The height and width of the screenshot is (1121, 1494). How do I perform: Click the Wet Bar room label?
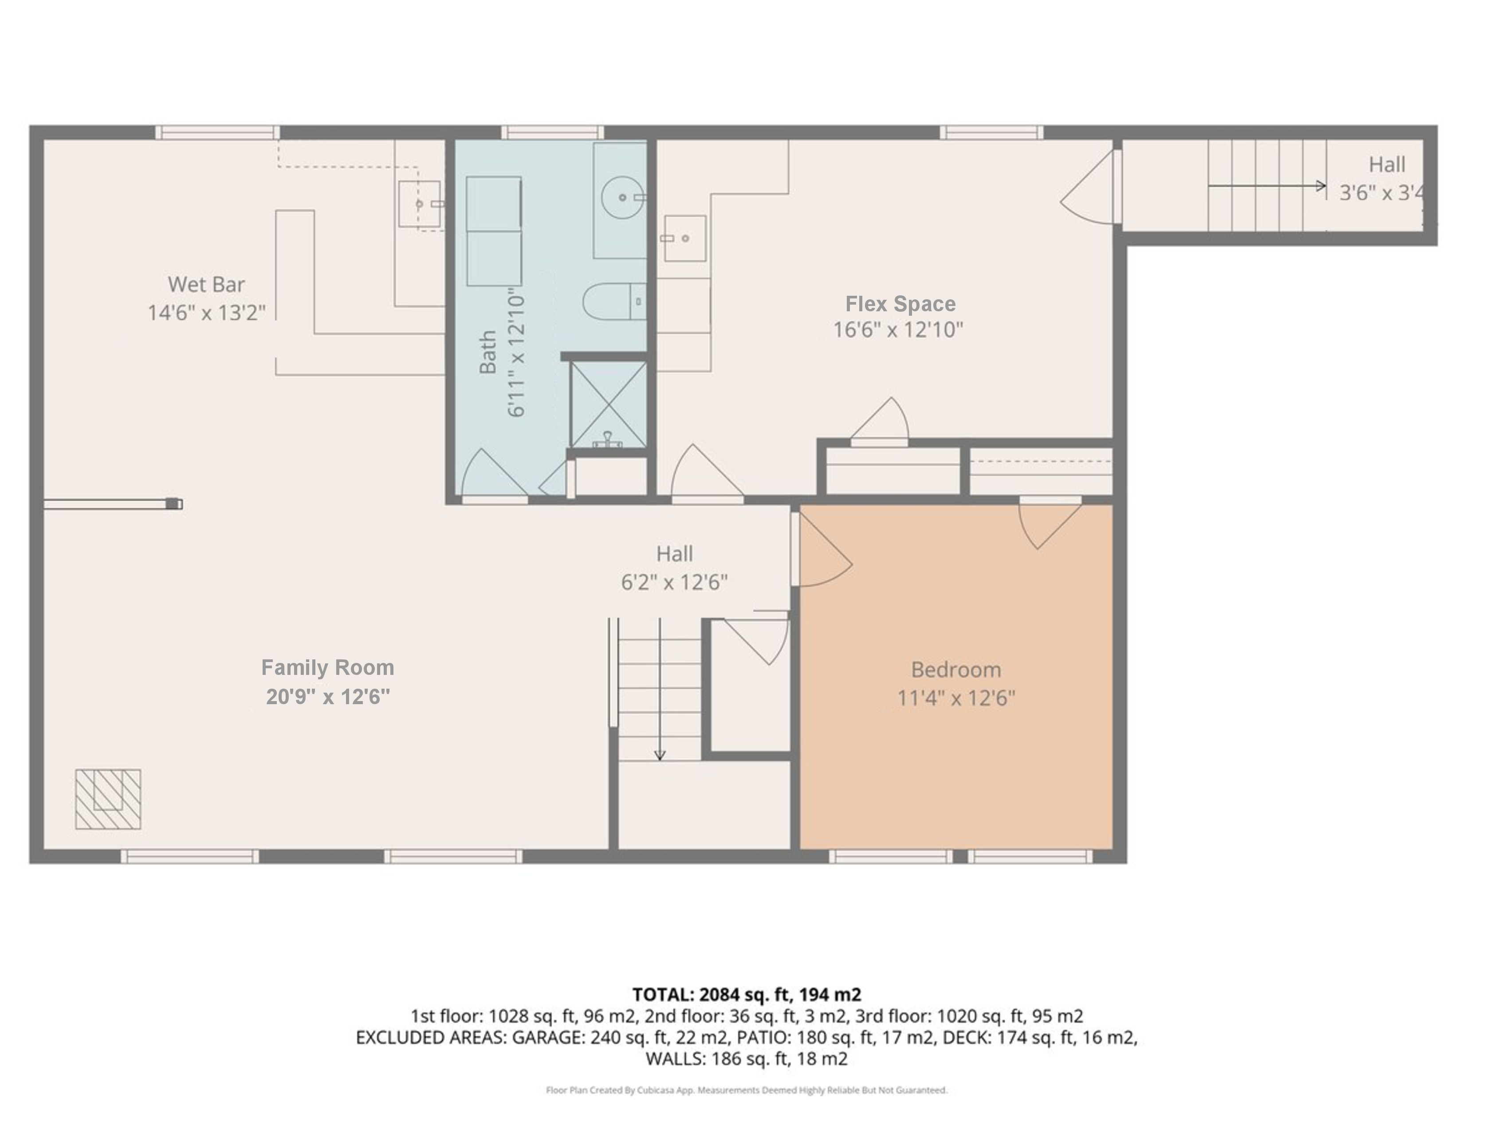tap(206, 284)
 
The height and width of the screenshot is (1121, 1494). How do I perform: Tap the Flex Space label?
tap(900, 304)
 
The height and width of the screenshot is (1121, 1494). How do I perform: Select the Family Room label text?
tap(327, 668)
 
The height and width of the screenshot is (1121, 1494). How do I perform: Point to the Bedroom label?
tap(955, 670)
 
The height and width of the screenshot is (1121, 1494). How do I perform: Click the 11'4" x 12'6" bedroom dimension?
tap(955, 698)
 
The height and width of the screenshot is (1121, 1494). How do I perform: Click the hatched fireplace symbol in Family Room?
tap(108, 799)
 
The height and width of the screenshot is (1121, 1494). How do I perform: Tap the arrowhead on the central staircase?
tap(660, 756)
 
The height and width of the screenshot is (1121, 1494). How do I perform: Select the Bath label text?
tap(488, 352)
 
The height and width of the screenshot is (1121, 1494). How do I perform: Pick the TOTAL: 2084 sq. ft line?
tap(746, 995)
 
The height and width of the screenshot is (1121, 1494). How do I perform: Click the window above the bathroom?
tap(552, 132)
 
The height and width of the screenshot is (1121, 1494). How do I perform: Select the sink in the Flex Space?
tap(685, 238)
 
